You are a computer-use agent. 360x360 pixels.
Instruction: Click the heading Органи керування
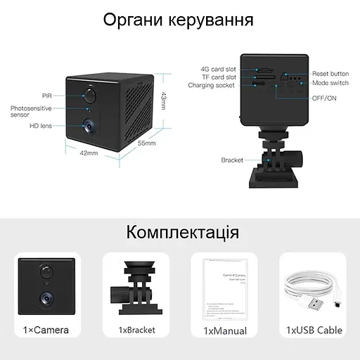[179, 19]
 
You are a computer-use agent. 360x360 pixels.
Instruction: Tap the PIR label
[46, 94]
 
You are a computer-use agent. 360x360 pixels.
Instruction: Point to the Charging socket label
[211, 86]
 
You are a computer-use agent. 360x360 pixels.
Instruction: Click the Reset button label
[330, 74]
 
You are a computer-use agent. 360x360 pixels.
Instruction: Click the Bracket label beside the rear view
[231, 160]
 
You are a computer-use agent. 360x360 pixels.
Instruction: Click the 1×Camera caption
[46, 330]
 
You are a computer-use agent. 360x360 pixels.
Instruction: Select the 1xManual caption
[224, 330]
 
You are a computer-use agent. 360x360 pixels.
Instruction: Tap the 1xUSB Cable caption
[314, 330]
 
